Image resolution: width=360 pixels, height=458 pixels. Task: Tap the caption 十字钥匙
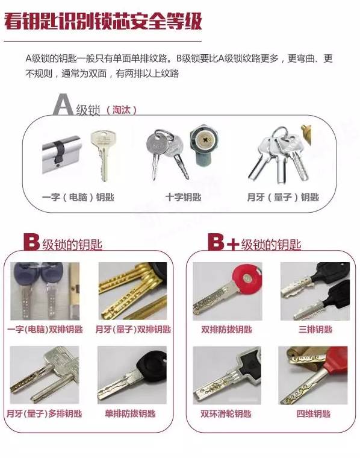(x=183, y=197)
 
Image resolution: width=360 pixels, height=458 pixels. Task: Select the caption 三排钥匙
(x=315, y=330)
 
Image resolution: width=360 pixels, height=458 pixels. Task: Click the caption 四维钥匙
(x=313, y=413)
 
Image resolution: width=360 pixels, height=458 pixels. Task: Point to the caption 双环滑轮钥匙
(x=226, y=413)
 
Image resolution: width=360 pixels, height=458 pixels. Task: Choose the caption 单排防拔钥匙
(x=130, y=413)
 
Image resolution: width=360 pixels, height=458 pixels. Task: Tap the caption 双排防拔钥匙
(x=226, y=330)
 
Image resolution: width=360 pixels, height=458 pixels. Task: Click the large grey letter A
(x=63, y=104)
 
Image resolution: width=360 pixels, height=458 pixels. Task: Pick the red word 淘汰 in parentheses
(x=121, y=110)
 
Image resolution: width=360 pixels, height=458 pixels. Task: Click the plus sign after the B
(x=233, y=244)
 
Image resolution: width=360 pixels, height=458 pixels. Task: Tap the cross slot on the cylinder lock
(x=206, y=140)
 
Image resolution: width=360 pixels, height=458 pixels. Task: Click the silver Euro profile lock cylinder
(x=61, y=154)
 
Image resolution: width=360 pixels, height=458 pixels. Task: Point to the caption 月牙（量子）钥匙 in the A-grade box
(x=283, y=197)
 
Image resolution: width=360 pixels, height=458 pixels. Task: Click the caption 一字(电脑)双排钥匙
(x=45, y=330)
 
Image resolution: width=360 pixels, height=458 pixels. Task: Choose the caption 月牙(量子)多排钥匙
(x=45, y=413)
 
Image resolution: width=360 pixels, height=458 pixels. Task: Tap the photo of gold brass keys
(x=132, y=291)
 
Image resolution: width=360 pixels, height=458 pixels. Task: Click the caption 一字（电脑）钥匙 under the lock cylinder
(x=78, y=197)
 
